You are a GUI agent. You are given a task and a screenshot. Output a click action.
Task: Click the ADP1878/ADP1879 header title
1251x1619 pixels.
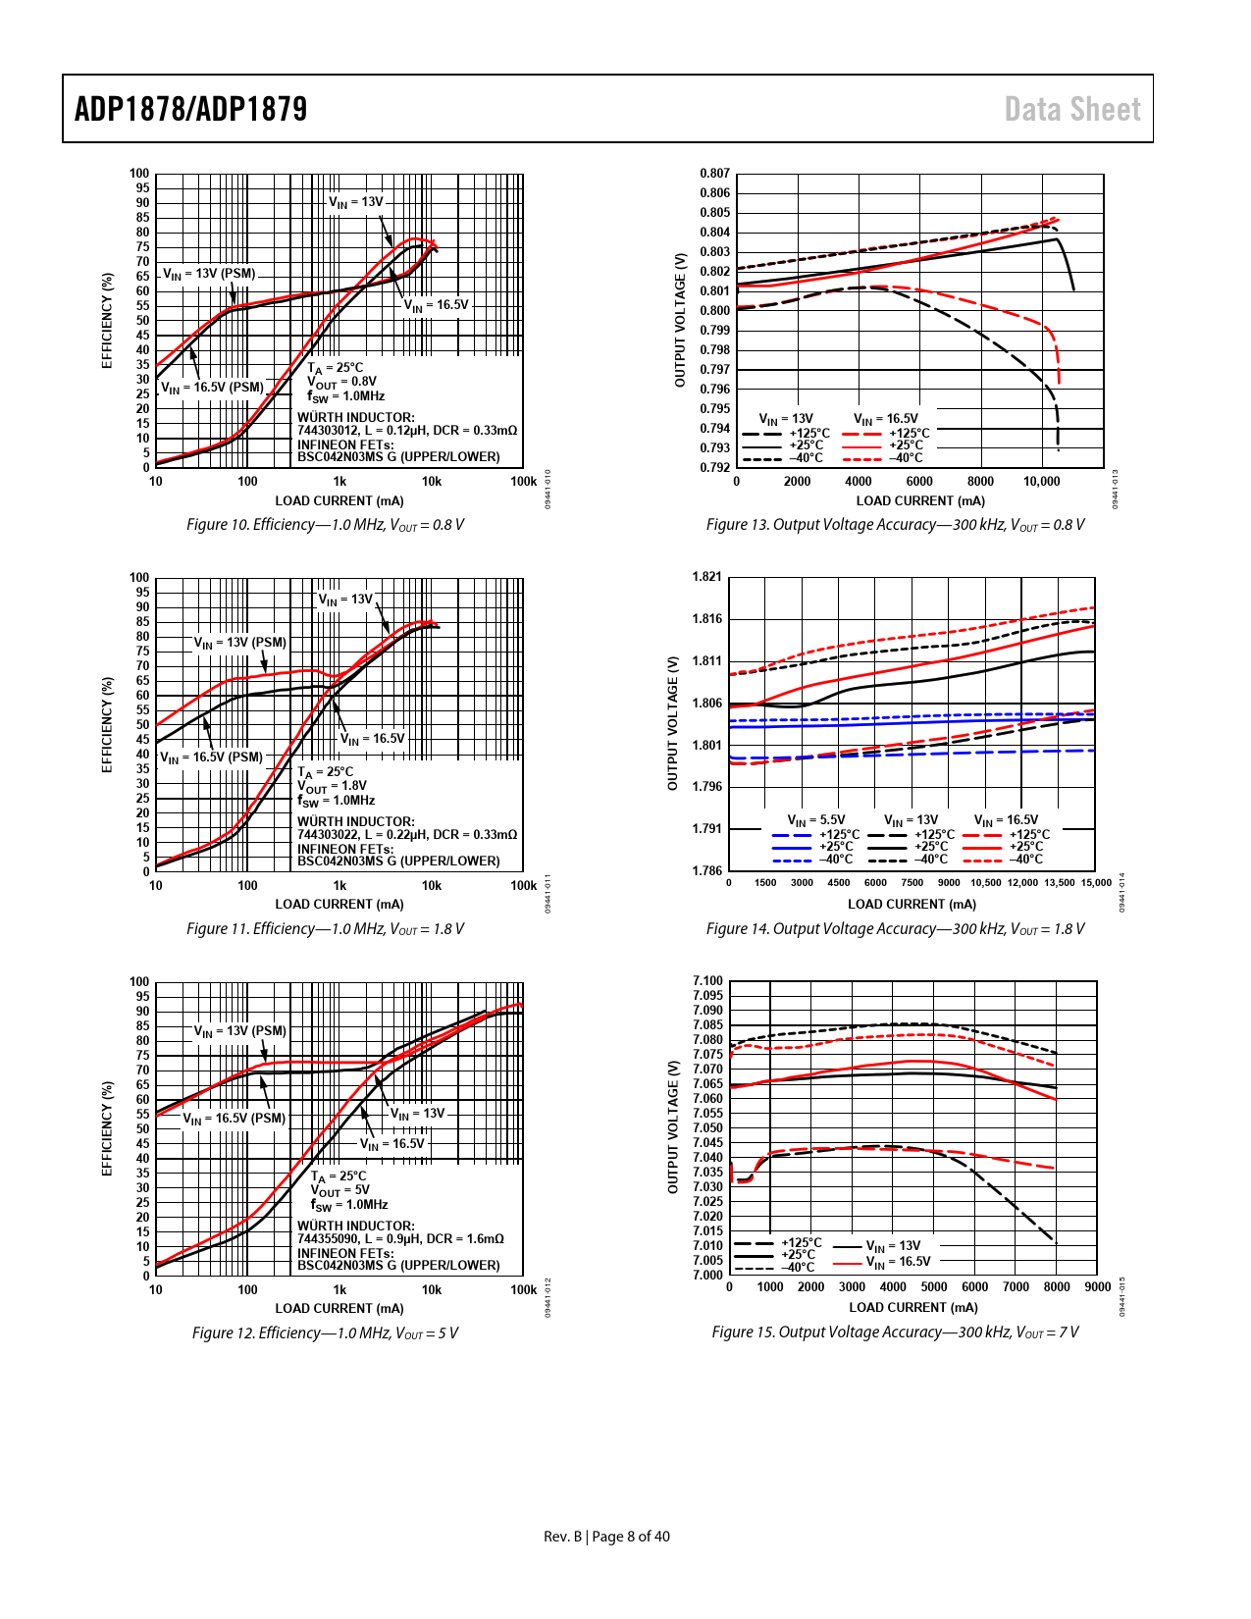[x=191, y=109]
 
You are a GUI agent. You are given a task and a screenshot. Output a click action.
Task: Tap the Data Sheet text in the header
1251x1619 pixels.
[x=1072, y=109]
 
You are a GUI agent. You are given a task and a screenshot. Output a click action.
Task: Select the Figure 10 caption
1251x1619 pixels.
[x=325, y=525]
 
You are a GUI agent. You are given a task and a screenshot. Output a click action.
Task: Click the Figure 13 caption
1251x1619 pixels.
[x=895, y=525]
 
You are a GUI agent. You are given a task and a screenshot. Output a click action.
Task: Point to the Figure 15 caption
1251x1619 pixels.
[x=895, y=1332]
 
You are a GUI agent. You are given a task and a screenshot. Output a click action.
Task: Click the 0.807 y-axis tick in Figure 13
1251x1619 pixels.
[x=714, y=174]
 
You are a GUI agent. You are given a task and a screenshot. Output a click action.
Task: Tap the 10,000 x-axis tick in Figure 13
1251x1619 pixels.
[x=1041, y=482]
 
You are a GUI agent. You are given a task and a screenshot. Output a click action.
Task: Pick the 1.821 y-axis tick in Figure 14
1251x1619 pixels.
[x=706, y=577]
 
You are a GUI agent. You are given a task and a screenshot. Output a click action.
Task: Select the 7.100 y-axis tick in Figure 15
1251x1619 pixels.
[x=707, y=981]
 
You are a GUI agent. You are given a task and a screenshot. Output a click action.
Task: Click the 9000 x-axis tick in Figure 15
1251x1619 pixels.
[x=1097, y=1287]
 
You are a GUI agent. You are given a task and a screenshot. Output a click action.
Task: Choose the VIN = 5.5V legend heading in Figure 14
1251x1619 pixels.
[x=816, y=820]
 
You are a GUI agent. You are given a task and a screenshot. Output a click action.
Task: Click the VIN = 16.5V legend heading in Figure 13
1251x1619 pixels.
[x=886, y=419]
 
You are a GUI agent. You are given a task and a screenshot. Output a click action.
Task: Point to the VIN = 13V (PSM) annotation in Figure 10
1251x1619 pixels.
[x=209, y=274]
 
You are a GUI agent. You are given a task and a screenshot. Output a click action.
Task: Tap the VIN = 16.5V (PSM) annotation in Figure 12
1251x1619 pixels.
[x=234, y=1119]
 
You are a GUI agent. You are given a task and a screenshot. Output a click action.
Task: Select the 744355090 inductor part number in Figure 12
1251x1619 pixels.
[x=329, y=1239]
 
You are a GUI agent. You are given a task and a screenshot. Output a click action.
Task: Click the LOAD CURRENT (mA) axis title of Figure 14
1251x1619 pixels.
[x=912, y=905]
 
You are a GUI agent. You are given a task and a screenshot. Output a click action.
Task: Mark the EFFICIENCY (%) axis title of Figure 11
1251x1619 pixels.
[x=108, y=724]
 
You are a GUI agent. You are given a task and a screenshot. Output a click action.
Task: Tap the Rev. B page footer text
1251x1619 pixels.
[x=606, y=1537]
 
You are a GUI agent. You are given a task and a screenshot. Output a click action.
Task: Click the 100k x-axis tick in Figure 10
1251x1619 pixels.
[x=523, y=482]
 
